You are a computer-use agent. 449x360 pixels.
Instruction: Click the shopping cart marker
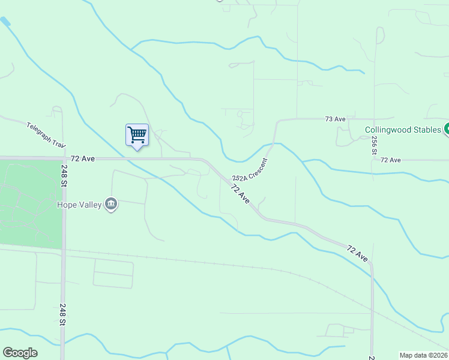click(137, 135)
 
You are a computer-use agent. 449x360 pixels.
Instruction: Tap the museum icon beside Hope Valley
click(111, 205)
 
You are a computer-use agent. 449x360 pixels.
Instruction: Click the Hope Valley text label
click(79, 205)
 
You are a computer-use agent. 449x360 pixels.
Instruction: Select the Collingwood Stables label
click(403, 130)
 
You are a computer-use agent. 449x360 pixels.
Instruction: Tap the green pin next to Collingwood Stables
click(447, 129)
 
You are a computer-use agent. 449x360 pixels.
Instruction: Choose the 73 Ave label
click(335, 119)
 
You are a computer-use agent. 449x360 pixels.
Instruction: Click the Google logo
click(20, 353)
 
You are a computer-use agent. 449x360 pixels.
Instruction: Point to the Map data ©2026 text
click(423, 355)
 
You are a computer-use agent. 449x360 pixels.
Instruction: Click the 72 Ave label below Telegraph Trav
click(83, 158)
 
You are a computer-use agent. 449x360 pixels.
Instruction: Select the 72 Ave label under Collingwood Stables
click(390, 160)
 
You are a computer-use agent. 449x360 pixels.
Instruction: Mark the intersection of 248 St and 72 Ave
click(63, 158)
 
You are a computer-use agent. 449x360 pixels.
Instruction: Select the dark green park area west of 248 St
click(30, 204)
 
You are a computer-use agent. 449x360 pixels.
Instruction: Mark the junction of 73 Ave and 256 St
click(374, 119)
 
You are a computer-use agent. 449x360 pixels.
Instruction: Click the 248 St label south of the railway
click(63, 315)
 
